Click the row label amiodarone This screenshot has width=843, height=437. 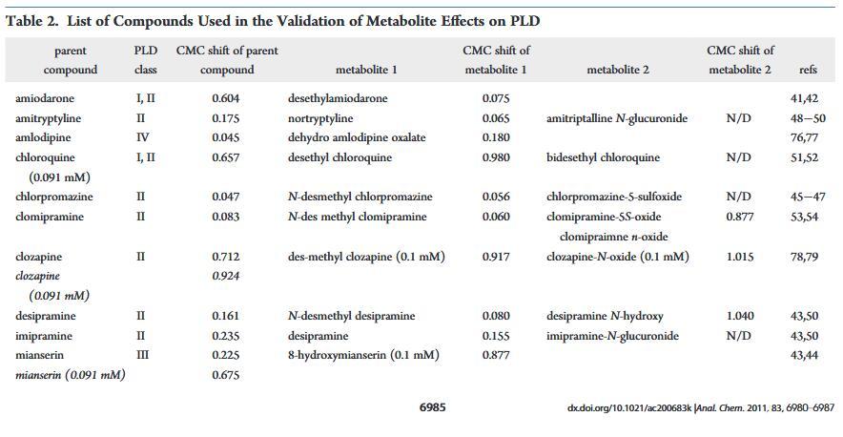pyautogui.click(x=44, y=98)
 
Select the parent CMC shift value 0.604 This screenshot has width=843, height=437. pyautogui.click(x=227, y=98)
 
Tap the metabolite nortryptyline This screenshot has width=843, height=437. pyautogui.click(x=320, y=118)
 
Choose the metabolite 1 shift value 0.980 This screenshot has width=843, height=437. pyautogui.click(x=496, y=157)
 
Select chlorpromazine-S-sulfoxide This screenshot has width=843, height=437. pyautogui.click(x=614, y=197)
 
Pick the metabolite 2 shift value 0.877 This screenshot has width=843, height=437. pyautogui.click(x=739, y=217)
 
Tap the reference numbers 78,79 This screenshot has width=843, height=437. pyautogui.click(x=804, y=257)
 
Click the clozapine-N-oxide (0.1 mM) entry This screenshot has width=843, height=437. pyautogui.click(x=617, y=257)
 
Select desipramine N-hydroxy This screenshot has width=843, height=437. pyautogui.click(x=605, y=316)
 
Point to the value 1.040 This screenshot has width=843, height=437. pyautogui.click(x=739, y=316)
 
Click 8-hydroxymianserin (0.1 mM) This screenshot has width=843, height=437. pyautogui.click(x=363, y=355)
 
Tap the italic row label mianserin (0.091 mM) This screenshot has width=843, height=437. pyautogui.click(x=71, y=375)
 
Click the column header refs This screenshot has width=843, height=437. pyautogui.click(x=807, y=70)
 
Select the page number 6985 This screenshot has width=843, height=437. pyautogui.click(x=432, y=407)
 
